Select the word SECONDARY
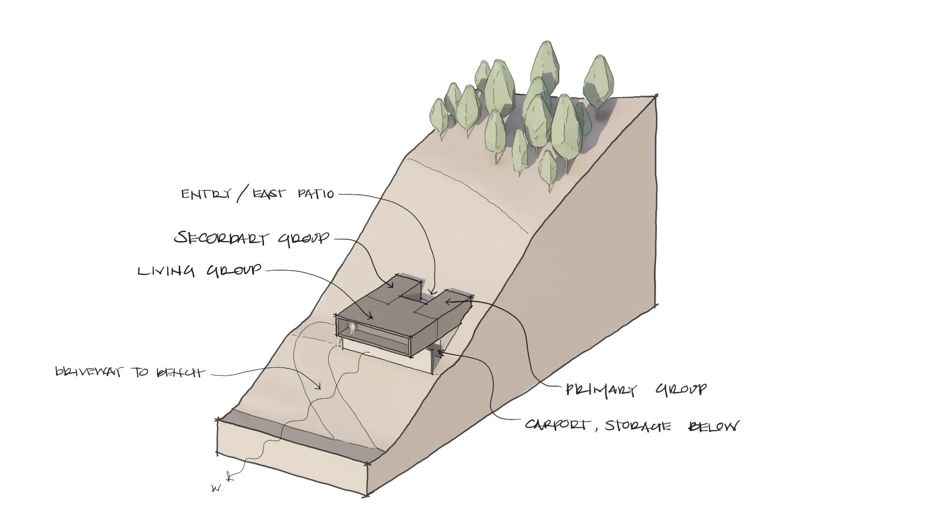tap(223, 238)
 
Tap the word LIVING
tap(166, 271)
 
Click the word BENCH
tap(179, 373)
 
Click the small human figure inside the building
tap(353, 330)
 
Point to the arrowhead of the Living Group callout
tap(371, 318)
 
